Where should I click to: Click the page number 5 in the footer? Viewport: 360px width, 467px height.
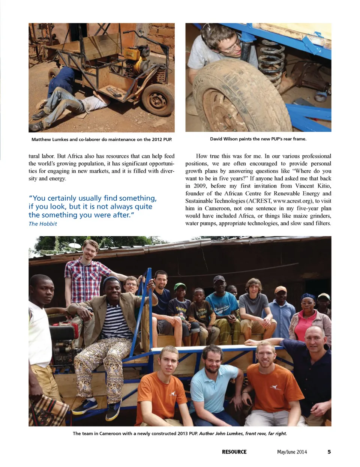click(329, 452)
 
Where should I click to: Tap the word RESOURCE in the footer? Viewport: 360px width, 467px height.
click(234, 452)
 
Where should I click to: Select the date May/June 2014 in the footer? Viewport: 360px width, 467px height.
click(292, 452)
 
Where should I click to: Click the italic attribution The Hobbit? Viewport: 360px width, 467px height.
click(43, 224)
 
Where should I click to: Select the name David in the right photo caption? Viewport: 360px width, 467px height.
click(216, 139)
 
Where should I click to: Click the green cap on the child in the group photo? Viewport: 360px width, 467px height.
click(180, 287)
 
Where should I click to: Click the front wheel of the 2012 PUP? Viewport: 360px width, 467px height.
click(157, 100)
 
